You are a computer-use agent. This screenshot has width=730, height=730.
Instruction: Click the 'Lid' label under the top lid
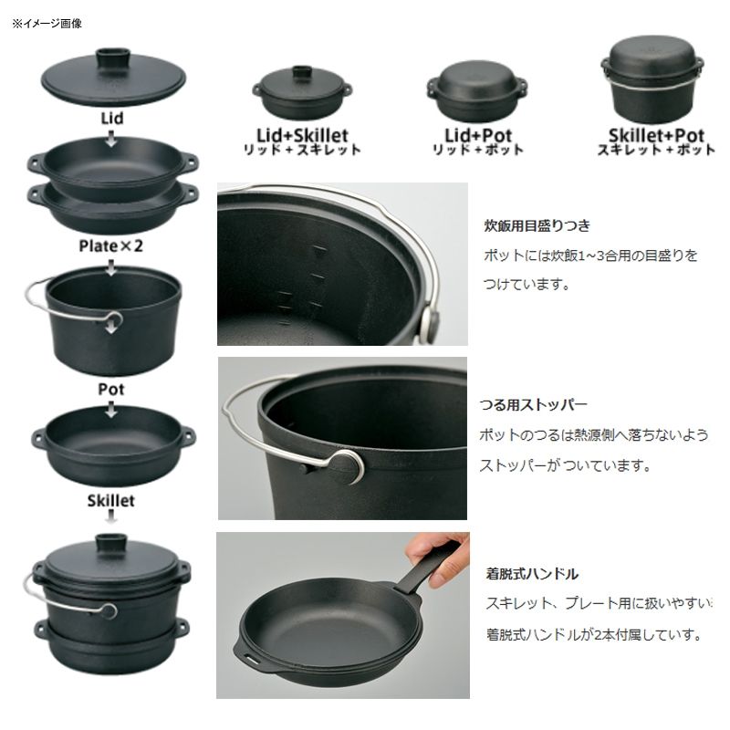pyautogui.click(x=112, y=119)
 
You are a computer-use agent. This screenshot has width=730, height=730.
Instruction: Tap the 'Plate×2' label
pyautogui.click(x=110, y=245)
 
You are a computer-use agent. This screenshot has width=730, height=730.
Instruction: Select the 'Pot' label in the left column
pyautogui.click(x=110, y=390)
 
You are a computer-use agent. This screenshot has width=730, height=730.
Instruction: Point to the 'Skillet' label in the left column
pyautogui.click(x=110, y=501)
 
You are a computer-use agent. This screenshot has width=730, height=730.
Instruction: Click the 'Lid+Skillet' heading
pyautogui.click(x=302, y=135)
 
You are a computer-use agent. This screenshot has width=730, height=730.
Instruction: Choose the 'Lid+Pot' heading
pyautogui.click(x=478, y=135)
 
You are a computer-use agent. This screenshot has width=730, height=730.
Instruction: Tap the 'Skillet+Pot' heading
pyautogui.click(x=656, y=135)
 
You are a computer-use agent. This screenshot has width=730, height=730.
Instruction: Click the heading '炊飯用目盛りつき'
pyautogui.click(x=537, y=225)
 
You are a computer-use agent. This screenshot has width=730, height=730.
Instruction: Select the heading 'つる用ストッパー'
pyautogui.click(x=534, y=405)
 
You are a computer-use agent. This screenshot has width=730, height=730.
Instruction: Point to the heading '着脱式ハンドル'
pyautogui.click(x=532, y=574)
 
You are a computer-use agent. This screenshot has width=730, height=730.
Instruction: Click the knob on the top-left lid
pyautogui.click(x=112, y=58)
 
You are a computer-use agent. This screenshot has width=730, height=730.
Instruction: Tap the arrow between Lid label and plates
pyautogui.click(x=110, y=139)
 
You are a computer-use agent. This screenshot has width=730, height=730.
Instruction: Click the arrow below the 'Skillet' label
pyautogui.click(x=110, y=516)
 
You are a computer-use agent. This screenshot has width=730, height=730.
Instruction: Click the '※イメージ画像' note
pyautogui.click(x=47, y=24)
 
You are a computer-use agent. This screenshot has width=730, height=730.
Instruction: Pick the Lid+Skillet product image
pyautogui.click(x=302, y=93)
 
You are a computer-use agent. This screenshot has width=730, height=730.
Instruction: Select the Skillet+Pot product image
pyautogui.click(x=652, y=79)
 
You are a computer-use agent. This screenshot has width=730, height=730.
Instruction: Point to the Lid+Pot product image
pyautogui.click(x=477, y=92)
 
